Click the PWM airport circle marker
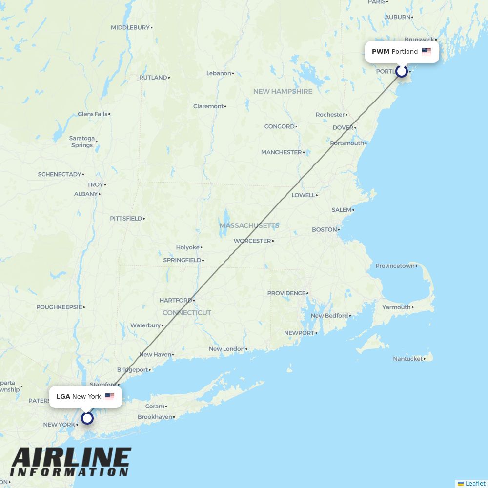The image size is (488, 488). [x=402, y=71]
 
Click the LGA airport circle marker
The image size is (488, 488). [x=87, y=418]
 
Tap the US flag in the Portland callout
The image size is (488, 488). [x=427, y=52]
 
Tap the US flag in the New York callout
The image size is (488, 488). [x=109, y=397]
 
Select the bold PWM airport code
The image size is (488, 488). [x=381, y=52]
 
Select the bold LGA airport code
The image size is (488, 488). [x=63, y=397]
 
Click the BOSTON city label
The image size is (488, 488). [x=325, y=230]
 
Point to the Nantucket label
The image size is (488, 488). [x=408, y=359]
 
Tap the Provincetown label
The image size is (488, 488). [x=395, y=266]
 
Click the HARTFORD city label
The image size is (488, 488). [x=176, y=301]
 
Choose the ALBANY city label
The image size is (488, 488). [x=86, y=194]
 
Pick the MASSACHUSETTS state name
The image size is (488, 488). [x=249, y=225]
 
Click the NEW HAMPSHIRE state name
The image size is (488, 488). [x=283, y=91]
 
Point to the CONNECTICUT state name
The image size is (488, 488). [x=187, y=313]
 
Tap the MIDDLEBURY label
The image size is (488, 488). [x=130, y=28]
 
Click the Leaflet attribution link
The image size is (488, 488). [x=475, y=483]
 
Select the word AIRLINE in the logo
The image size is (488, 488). [x=71, y=458]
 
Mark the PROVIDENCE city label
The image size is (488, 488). [x=286, y=293]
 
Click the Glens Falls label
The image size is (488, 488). [x=92, y=114]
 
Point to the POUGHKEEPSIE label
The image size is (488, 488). [x=59, y=307]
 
